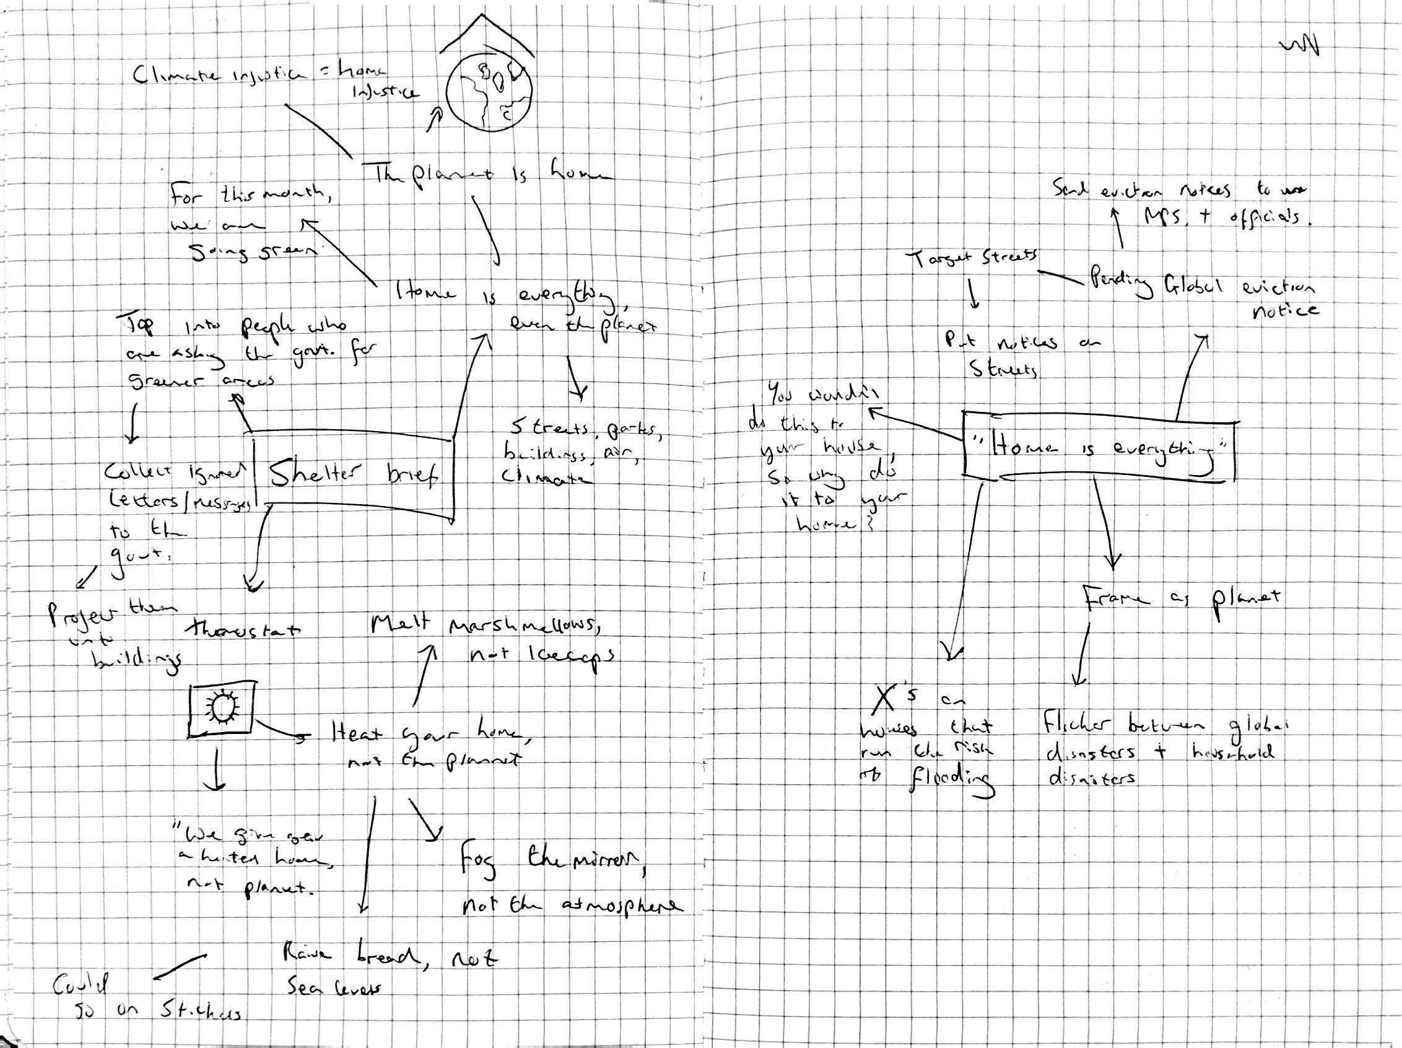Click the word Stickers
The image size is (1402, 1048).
(198, 1012)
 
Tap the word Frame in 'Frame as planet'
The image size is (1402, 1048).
(1115, 598)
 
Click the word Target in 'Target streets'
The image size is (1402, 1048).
(936, 260)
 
